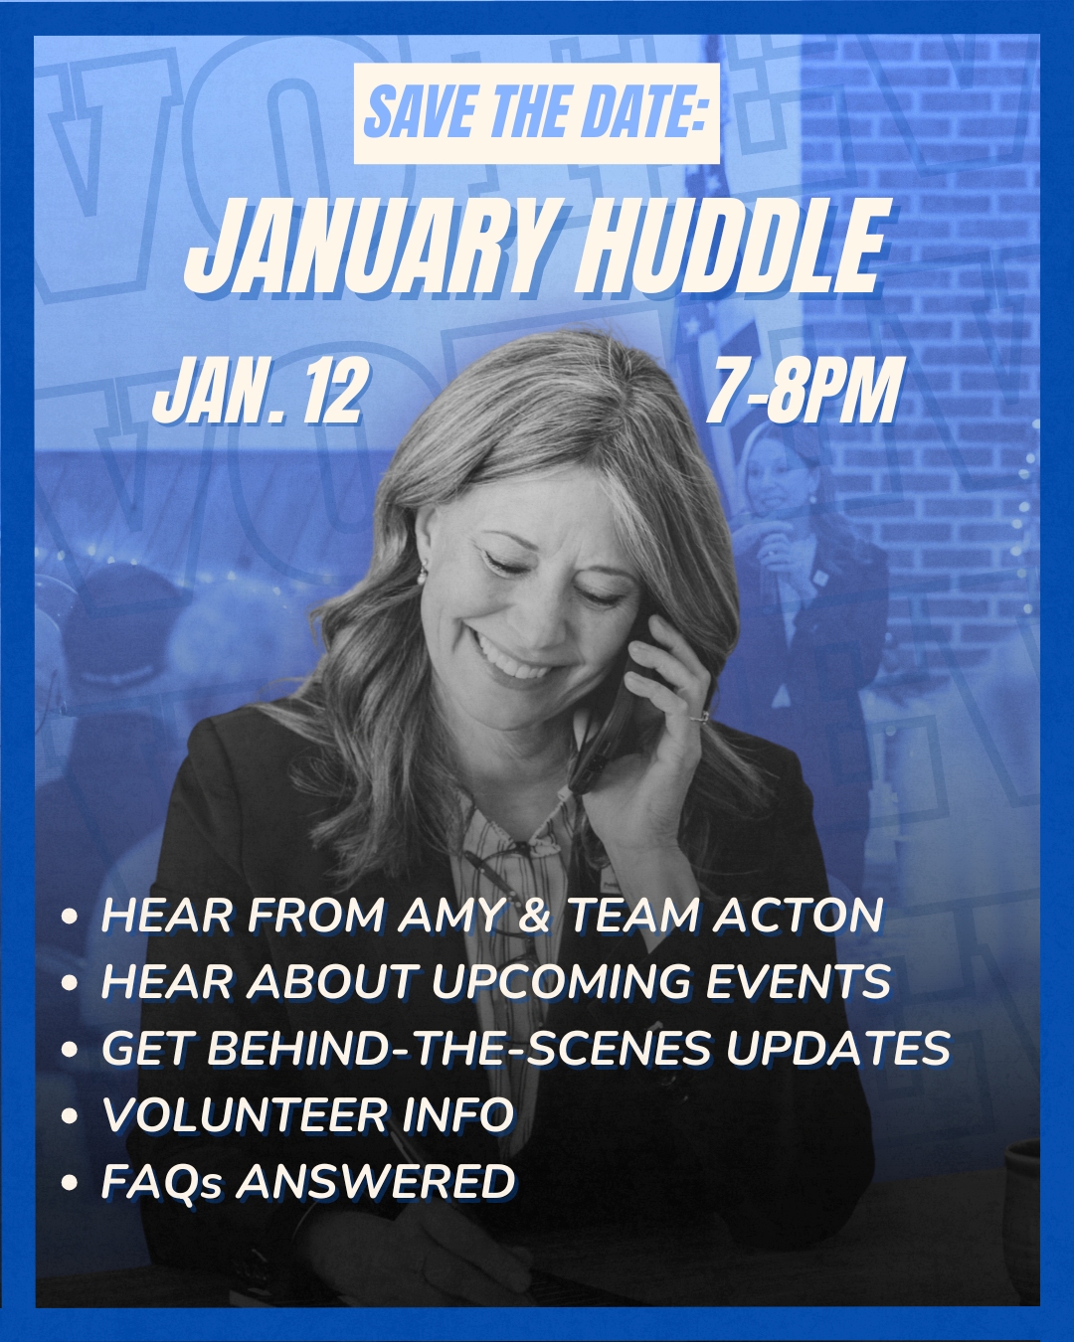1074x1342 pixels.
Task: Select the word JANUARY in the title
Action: [x=367, y=249]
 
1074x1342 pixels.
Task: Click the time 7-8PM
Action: [x=805, y=391]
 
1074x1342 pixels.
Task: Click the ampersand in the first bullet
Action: [x=534, y=916]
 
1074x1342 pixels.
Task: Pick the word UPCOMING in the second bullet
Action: [x=561, y=981]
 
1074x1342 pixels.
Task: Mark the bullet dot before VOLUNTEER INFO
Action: [x=70, y=1115]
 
